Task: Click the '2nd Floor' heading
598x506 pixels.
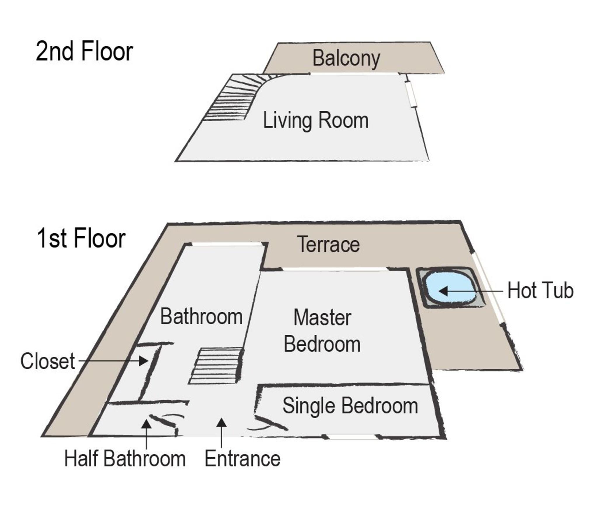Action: pos(84,52)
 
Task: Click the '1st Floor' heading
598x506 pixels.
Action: pos(81,239)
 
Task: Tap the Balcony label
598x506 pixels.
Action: pos(346,58)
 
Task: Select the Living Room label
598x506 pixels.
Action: pos(316,120)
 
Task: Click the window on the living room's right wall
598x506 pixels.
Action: pos(411,94)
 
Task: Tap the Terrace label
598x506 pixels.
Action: pos(328,244)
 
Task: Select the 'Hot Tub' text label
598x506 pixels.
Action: pos(540,291)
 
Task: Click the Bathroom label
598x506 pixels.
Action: pos(201,317)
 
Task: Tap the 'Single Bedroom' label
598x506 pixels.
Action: pos(350,406)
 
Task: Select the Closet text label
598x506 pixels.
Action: pos(48,361)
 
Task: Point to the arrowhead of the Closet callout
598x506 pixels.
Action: pos(144,361)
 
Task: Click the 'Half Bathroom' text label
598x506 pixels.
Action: pos(125,458)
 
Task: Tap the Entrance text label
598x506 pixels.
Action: pos(242,458)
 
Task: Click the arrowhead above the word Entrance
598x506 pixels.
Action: pos(222,423)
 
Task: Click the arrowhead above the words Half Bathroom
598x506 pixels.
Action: pos(146,424)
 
